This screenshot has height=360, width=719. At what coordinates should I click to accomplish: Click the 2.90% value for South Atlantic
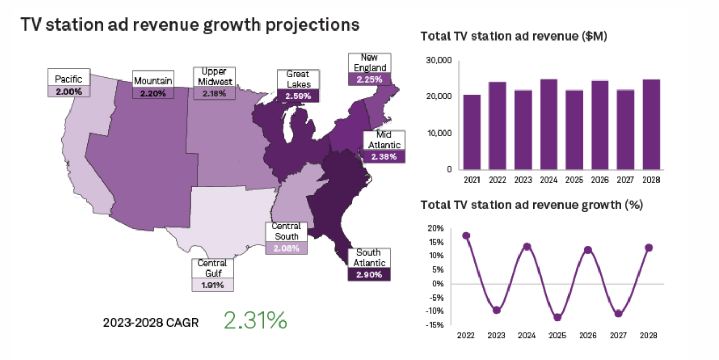point(368,274)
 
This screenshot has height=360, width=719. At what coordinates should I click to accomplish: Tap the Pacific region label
point(69,79)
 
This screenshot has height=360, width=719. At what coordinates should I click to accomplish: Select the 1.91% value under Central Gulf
point(212,285)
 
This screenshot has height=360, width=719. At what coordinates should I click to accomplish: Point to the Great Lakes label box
point(298,79)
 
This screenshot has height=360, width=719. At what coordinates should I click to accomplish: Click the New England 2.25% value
point(370,79)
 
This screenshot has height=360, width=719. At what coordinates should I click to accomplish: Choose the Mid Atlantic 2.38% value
point(384,156)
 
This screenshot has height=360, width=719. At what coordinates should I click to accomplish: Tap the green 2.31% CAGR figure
point(255,321)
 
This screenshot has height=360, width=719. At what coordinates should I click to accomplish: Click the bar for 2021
point(472,132)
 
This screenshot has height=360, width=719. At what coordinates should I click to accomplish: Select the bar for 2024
point(548,124)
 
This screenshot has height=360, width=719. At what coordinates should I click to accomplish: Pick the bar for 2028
point(651,124)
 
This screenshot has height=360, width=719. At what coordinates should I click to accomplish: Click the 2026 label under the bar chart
point(600,180)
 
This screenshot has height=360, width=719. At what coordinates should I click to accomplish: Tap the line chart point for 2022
point(466,236)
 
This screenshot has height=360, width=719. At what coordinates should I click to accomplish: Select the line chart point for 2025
point(557,317)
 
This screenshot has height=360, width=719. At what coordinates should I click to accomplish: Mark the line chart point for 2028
point(649,247)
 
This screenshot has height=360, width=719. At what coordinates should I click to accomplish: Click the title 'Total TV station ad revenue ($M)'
point(514,36)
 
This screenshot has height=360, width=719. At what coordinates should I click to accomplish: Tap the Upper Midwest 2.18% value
point(214,93)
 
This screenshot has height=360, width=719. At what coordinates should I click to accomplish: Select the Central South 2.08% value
point(286,248)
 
